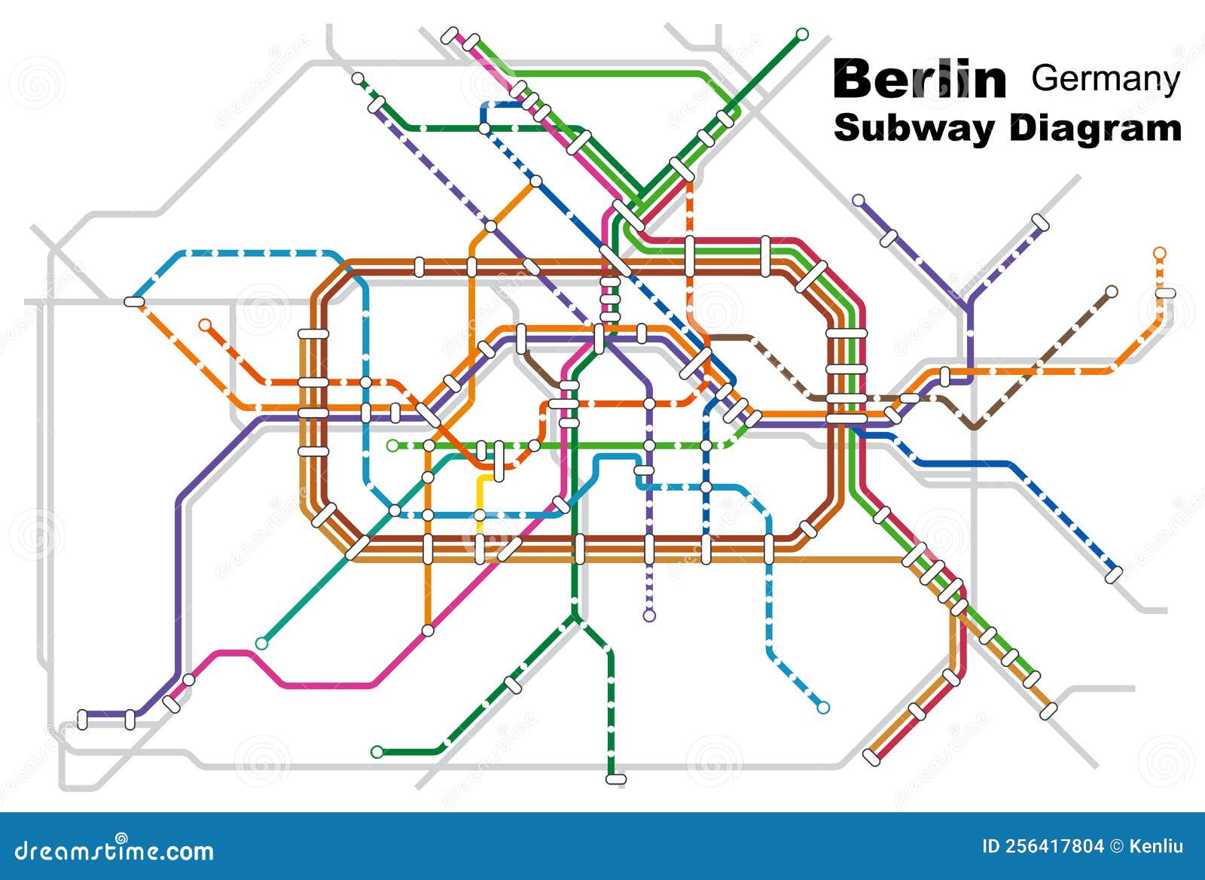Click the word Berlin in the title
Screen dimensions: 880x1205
920,80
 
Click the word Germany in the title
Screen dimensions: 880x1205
1105,78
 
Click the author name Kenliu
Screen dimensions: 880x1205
1156,846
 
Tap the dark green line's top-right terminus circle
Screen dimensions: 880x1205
802,33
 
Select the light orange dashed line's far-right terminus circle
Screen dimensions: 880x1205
1160,252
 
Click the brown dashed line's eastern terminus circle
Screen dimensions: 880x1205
1112,291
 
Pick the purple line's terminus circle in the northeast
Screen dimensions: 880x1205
858,199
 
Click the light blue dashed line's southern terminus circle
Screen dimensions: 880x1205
823,708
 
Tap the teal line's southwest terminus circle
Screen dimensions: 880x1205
261,644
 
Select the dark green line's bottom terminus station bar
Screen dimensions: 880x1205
616,779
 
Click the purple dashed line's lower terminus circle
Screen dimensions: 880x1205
649,615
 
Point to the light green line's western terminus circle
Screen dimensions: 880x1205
392,446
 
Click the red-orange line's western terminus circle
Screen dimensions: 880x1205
205,325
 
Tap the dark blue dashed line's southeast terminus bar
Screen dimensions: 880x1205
1114,574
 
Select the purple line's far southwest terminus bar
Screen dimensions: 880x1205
83,719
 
